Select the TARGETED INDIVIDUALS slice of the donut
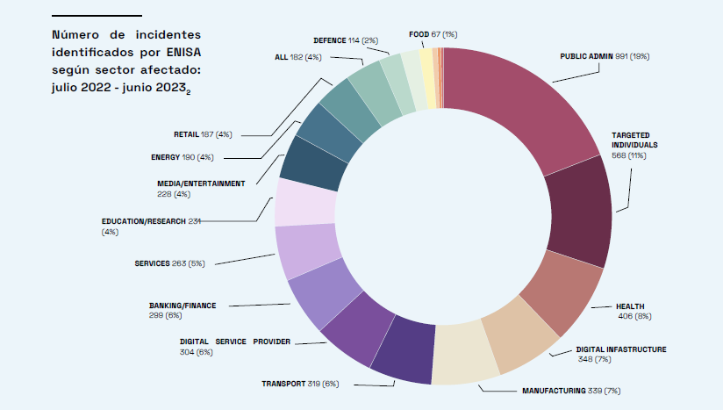click(x=579, y=215)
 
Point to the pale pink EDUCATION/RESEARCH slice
click(x=306, y=202)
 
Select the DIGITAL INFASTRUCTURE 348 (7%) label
click(x=620, y=354)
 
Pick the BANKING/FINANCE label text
click(x=183, y=306)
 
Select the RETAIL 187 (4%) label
click(x=203, y=134)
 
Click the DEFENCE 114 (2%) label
click(x=345, y=40)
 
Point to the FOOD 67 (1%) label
click(x=433, y=34)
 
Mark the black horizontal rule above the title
click(x=97, y=16)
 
